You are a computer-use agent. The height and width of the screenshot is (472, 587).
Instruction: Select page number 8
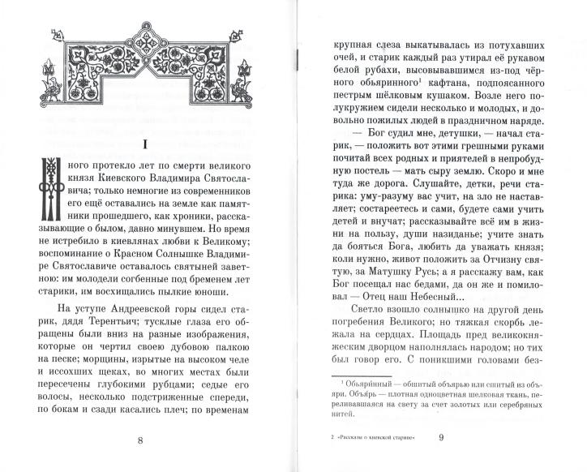coord(142,440)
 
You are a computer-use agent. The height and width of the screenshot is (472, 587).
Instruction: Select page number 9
coord(442,440)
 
